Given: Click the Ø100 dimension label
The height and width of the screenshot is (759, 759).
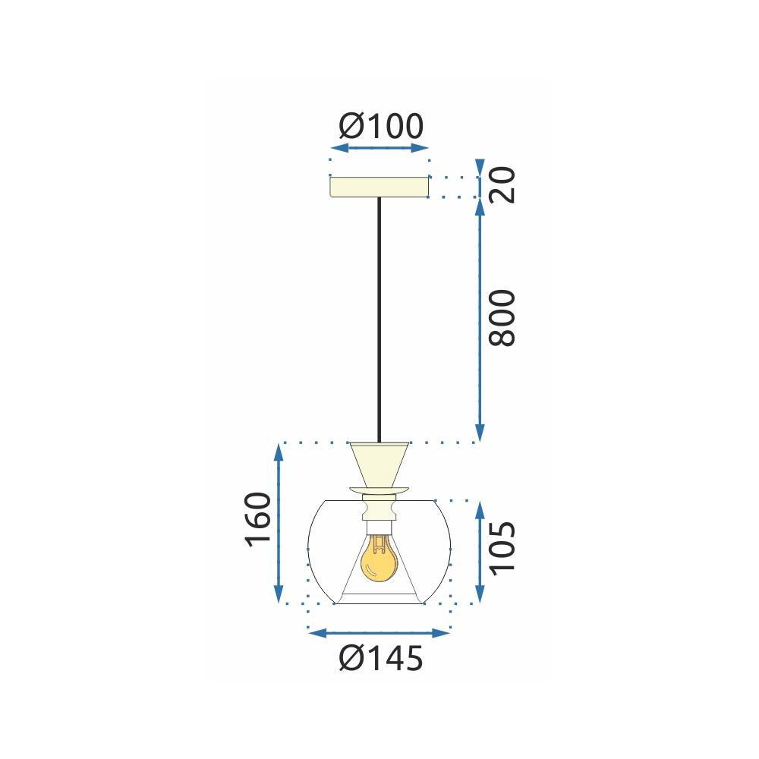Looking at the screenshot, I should (380, 127).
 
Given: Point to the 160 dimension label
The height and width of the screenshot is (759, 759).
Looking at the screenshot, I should (258, 520).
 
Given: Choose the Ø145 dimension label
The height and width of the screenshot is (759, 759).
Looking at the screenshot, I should (380, 659).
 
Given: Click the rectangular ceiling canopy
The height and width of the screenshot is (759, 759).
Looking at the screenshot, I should (379, 187).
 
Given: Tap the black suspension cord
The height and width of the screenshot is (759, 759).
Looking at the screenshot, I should (379, 319).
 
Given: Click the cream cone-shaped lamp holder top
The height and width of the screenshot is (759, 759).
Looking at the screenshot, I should (379, 464).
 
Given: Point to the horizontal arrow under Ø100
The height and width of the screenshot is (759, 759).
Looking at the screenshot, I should (379, 149).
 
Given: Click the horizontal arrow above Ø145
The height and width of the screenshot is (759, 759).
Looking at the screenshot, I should (379, 632).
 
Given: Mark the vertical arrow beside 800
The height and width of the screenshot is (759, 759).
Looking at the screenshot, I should (479, 319).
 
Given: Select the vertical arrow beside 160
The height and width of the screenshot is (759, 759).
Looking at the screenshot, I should (279, 524).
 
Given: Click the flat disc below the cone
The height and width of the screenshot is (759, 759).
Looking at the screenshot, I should (379, 489).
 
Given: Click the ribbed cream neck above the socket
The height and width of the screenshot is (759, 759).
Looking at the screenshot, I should (379, 506).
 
